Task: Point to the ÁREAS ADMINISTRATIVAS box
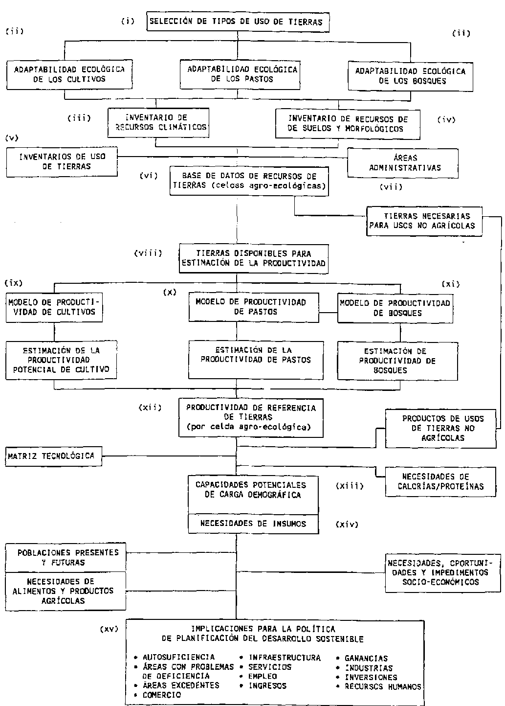click(x=403, y=163)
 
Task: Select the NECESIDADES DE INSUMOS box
click(x=253, y=524)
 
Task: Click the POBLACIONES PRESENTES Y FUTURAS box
click(x=66, y=557)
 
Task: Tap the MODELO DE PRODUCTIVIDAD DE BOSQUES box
click(x=394, y=308)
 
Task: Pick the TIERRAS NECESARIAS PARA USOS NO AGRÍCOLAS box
click(x=424, y=221)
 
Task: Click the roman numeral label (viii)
click(x=148, y=253)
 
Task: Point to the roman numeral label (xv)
click(x=109, y=629)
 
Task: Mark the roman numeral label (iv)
click(x=446, y=119)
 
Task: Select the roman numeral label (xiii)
click(x=350, y=486)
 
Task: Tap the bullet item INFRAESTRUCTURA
click(x=285, y=658)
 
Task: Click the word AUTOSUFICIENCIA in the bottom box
click(x=178, y=657)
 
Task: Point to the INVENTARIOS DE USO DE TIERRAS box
click(x=62, y=161)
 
